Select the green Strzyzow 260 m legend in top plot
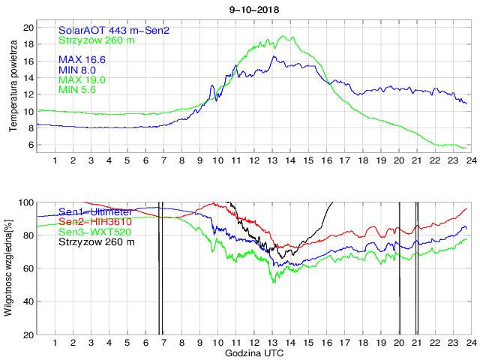point(97,40)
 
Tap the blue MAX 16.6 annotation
point(82,58)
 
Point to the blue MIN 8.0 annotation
point(79,69)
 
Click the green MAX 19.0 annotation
point(82,79)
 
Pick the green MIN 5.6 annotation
point(79,90)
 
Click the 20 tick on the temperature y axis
point(28,27)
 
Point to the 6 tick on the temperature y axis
point(31,145)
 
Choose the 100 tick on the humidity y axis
point(26,202)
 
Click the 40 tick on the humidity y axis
point(28,301)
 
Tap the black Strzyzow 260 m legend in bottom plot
point(97,242)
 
